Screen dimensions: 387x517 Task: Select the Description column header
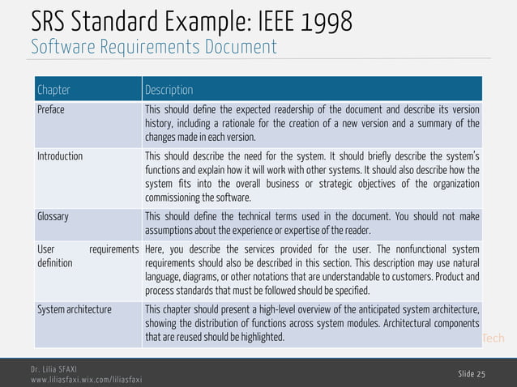[169, 89]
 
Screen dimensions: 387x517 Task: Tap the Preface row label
[50, 110]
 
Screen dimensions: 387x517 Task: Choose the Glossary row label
[53, 217]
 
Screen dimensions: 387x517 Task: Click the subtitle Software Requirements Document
[154, 47]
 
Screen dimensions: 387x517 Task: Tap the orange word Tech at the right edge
[493, 338]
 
